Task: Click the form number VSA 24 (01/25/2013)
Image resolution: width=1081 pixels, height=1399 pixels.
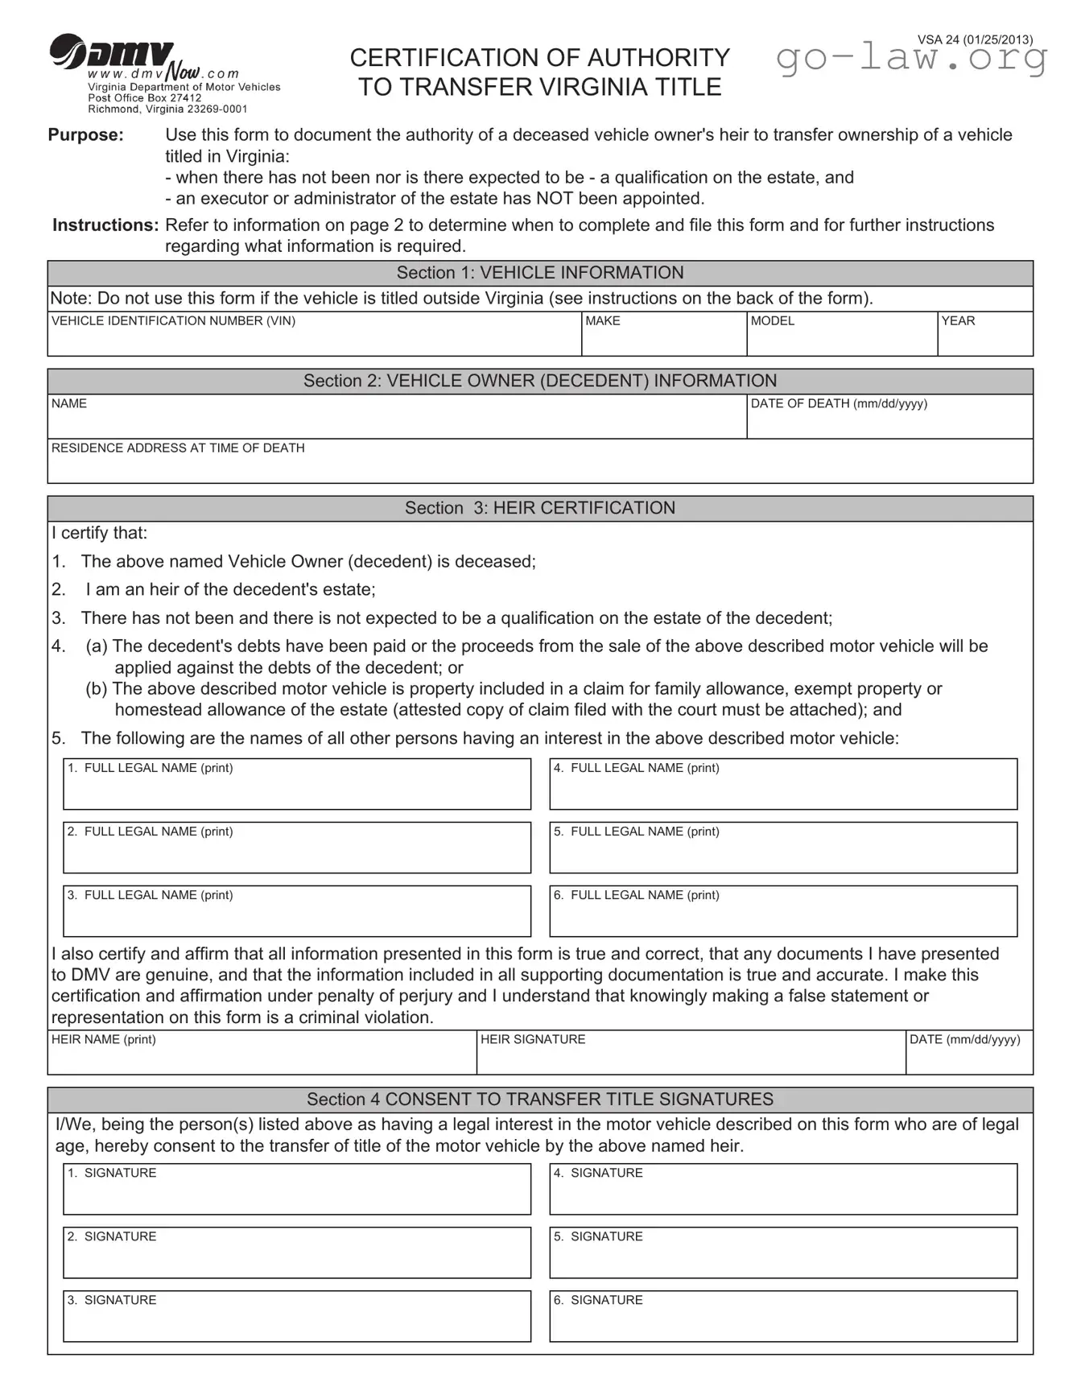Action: tap(975, 39)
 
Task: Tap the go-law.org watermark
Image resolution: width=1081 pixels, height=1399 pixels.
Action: tap(911, 59)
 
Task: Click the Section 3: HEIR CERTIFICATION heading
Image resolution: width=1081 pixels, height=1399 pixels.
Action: tap(539, 508)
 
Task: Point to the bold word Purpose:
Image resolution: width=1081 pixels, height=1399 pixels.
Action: tap(86, 134)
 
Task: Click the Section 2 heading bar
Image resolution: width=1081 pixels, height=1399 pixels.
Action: tap(539, 381)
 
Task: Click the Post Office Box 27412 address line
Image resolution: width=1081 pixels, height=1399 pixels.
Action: tap(145, 98)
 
